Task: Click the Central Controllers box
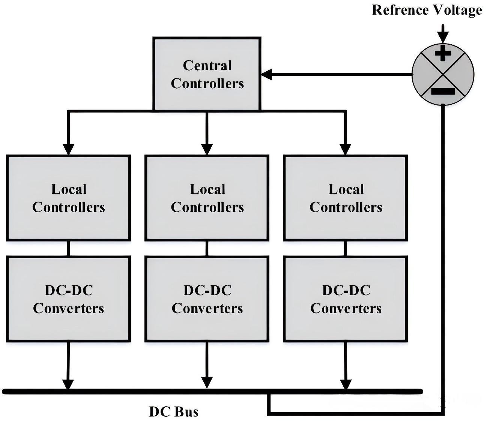coord(207,74)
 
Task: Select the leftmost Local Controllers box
coord(68,198)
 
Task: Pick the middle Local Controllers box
coord(207,198)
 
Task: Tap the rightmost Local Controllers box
coord(346,198)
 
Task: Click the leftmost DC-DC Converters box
coord(68,299)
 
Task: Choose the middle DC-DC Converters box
coord(207,299)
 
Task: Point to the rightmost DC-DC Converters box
coord(346,299)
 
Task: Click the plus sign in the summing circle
coord(443,53)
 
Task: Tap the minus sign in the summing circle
coord(443,91)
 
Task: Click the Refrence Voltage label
coord(427,10)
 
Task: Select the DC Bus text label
coord(174,411)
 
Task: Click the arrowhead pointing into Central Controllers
coord(266,75)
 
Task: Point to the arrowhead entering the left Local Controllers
coord(68,150)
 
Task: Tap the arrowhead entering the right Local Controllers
coord(345,150)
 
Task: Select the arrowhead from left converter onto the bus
coord(68,384)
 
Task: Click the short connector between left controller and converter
coord(68,248)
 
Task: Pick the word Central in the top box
coord(207,65)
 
